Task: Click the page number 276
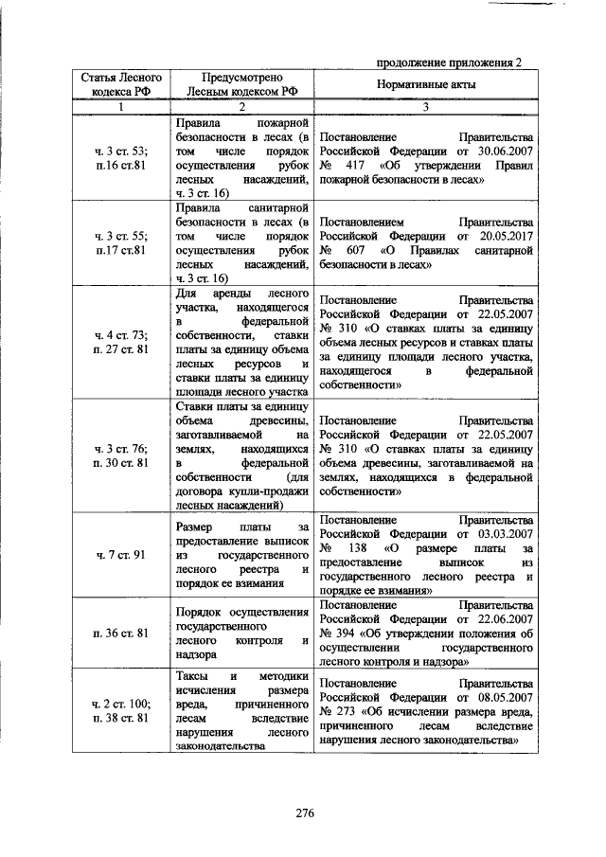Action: point(303,813)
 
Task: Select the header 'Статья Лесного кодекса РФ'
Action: point(120,85)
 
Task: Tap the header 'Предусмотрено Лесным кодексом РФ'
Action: point(243,85)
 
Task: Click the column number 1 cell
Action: point(120,107)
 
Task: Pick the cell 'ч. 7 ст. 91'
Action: point(120,555)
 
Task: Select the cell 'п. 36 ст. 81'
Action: point(120,632)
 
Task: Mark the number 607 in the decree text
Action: point(366,251)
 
